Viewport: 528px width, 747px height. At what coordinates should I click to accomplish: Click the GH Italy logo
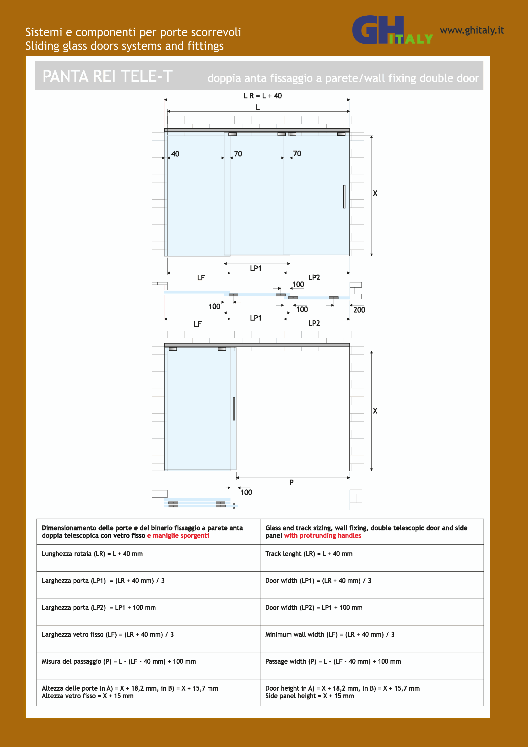tap(392, 30)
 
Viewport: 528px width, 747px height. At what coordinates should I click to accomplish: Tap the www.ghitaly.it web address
tap(472, 30)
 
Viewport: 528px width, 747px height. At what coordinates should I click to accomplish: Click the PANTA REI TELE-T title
tap(107, 76)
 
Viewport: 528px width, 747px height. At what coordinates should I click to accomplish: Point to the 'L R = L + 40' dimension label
tap(263, 96)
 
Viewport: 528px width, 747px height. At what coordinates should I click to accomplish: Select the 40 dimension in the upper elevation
tap(175, 154)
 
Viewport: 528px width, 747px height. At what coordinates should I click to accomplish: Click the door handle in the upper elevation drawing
tap(344, 197)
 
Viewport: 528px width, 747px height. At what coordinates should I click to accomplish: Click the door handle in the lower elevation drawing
tap(234, 408)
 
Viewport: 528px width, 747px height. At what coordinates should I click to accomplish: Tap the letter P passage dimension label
tap(291, 482)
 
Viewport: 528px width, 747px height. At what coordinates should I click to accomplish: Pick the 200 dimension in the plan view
tap(359, 310)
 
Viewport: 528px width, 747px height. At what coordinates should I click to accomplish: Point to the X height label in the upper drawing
tap(375, 193)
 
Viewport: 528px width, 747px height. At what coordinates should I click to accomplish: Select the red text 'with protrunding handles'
tap(322, 536)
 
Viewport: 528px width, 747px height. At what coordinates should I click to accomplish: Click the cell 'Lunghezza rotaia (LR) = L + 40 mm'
tap(92, 554)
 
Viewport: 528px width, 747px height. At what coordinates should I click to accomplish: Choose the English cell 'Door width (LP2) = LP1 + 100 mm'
tap(314, 608)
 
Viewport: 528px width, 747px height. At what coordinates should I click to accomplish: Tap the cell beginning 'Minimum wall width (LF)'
tap(330, 635)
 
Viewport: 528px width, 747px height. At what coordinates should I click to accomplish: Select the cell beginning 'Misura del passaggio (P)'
tap(119, 662)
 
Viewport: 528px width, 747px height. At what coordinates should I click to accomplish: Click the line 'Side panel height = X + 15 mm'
tap(309, 696)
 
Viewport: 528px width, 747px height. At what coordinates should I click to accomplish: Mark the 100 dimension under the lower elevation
tap(246, 492)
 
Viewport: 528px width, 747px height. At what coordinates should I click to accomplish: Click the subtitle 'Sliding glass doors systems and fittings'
tap(125, 46)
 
